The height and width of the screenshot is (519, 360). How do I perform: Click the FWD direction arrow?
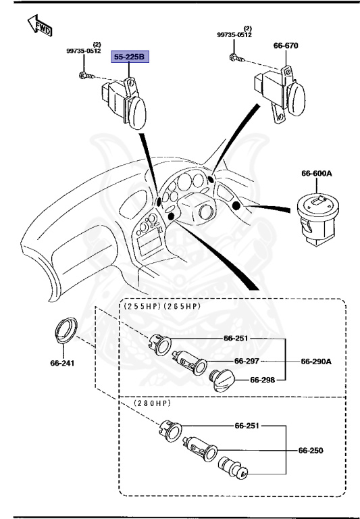click(x=40, y=26)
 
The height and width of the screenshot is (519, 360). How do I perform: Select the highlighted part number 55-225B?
click(x=129, y=57)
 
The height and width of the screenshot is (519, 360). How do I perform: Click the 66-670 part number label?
click(x=286, y=46)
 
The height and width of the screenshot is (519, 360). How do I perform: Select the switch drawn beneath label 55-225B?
click(x=124, y=99)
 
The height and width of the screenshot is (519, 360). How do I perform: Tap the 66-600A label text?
click(x=317, y=174)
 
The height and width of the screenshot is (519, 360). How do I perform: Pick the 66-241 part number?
click(x=62, y=363)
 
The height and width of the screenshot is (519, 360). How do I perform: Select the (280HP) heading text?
click(x=152, y=403)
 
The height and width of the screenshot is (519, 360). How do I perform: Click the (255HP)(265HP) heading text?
click(x=162, y=306)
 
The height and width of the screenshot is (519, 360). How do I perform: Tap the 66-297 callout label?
click(x=247, y=361)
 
